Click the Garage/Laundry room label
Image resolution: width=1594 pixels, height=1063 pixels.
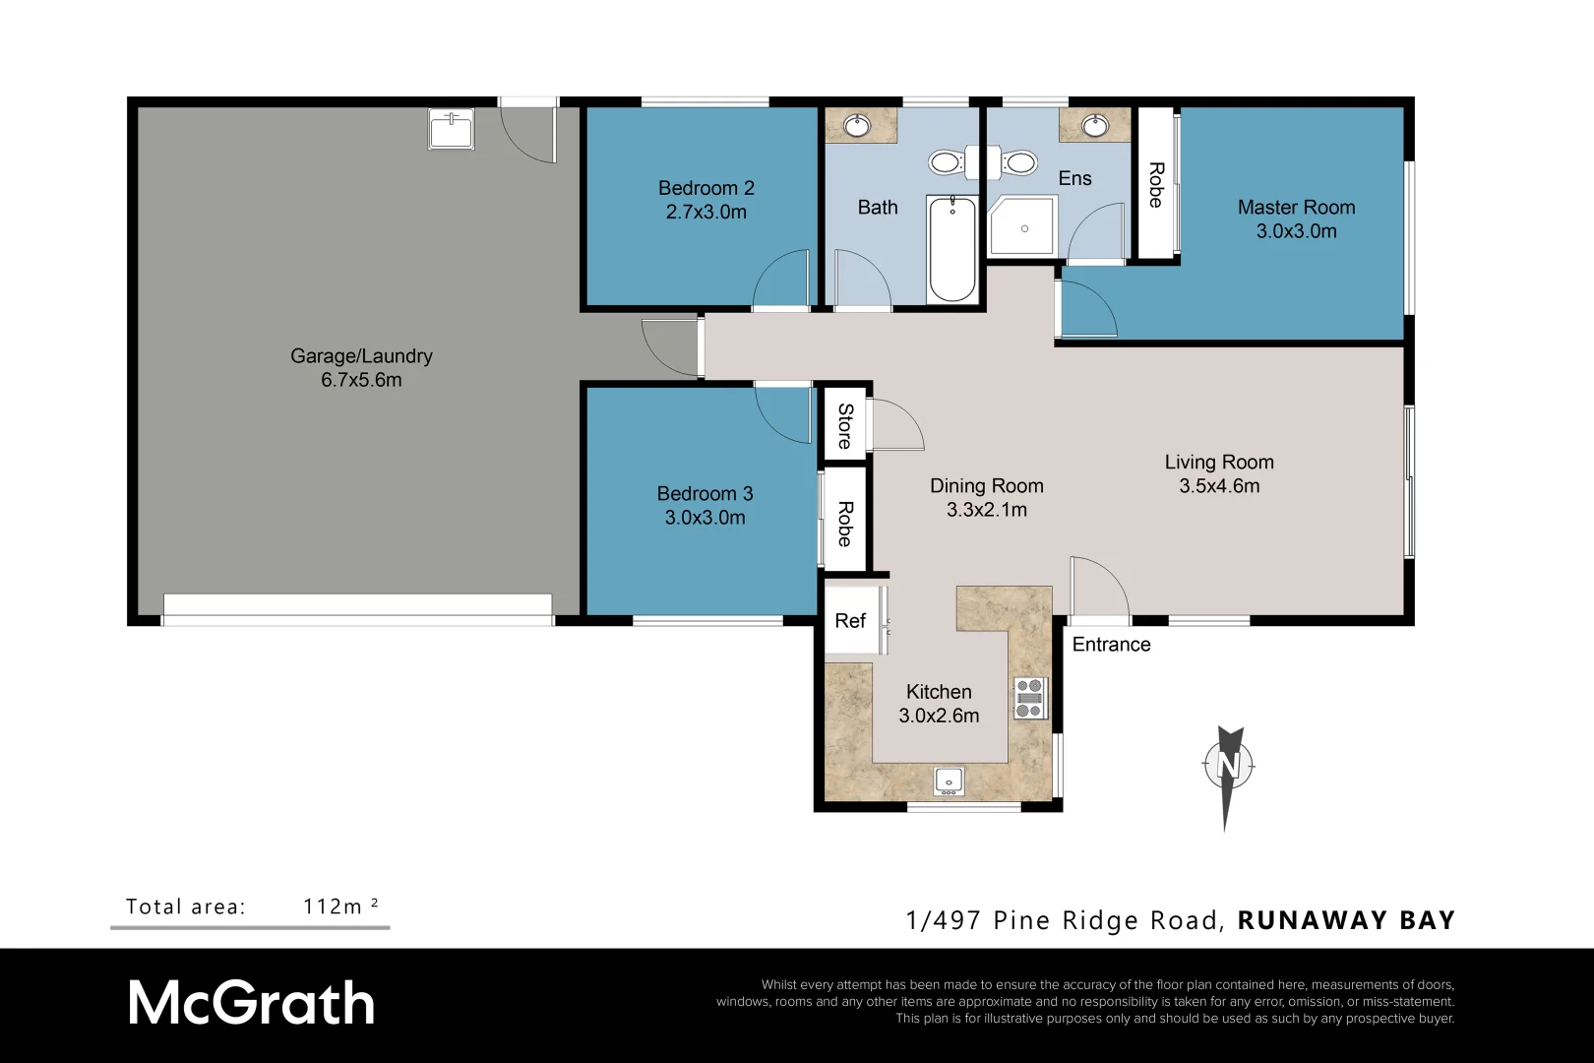coord(361,356)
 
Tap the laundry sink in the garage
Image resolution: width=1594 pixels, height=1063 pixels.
coord(452,129)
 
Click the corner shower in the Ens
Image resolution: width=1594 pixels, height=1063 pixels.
coord(1023,227)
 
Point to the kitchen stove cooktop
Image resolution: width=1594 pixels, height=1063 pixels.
coord(1029,698)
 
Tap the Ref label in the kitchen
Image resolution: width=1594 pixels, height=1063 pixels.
coord(850,621)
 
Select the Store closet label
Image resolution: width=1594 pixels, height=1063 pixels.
coord(845,425)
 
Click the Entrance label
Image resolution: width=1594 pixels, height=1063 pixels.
coord(1111,645)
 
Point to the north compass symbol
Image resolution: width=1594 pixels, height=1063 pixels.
coord(1228,766)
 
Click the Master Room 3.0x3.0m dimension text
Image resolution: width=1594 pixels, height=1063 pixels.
coord(1296,231)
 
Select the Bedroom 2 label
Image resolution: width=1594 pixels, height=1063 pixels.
coord(705,188)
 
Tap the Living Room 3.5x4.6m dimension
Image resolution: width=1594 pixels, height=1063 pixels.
coord(1219,486)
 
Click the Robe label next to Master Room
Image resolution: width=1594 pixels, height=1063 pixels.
coord(1156,185)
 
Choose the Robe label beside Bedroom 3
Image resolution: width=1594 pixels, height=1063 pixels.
coord(845,524)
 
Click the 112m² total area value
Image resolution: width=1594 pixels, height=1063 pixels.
coord(340,907)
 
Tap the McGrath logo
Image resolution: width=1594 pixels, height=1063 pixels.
coord(252,1004)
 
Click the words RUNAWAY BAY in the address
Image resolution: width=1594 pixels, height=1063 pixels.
coord(1345,921)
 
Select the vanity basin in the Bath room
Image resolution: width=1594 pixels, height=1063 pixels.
coord(858,125)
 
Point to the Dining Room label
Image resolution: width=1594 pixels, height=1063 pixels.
coord(986,486)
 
